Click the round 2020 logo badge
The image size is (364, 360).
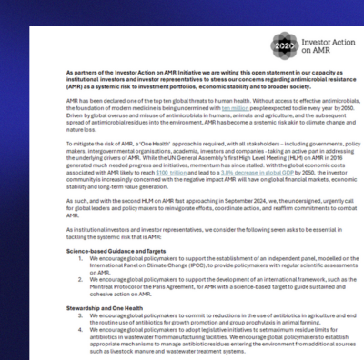click(x=263, y=45)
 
